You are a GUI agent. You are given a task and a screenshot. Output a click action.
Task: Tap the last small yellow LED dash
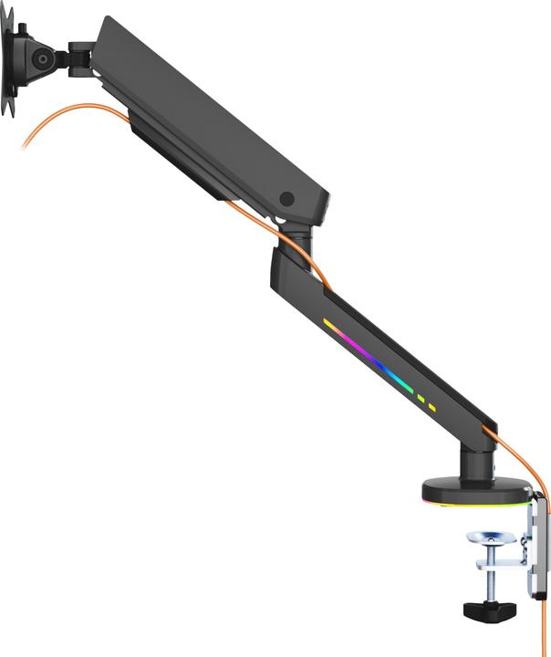431,407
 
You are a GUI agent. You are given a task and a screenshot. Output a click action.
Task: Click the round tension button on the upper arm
287,199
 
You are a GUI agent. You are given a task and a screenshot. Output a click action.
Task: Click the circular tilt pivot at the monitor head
42,58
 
